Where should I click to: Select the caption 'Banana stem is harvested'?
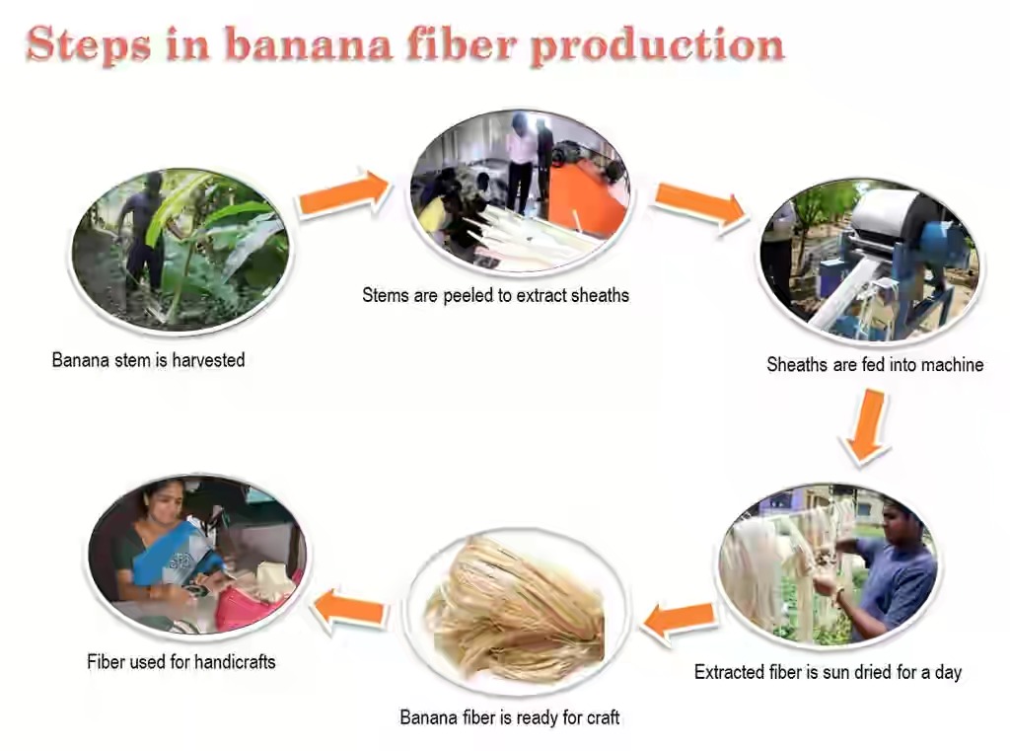pos(148,360)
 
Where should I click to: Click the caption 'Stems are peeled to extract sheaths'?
pos(495,295)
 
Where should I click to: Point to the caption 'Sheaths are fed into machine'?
pos(875,364)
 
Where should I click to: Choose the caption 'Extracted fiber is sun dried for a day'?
pos(828,672)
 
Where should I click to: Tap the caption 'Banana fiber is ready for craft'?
pos(510,717)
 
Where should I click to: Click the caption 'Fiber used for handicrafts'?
pos(181,661)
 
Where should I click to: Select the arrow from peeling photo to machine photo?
pos(701,204)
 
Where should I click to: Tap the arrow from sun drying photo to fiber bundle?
pos(681,619)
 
